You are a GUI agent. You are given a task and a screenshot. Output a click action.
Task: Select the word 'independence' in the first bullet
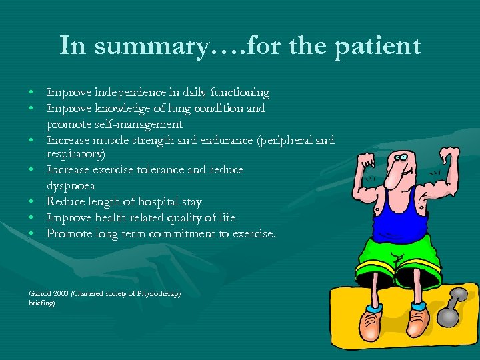125,92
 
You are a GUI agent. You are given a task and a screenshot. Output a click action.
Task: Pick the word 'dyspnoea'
71,186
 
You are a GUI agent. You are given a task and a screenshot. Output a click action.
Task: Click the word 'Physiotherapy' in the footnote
159,294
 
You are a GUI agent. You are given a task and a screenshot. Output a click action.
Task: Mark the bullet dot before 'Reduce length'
32,202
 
